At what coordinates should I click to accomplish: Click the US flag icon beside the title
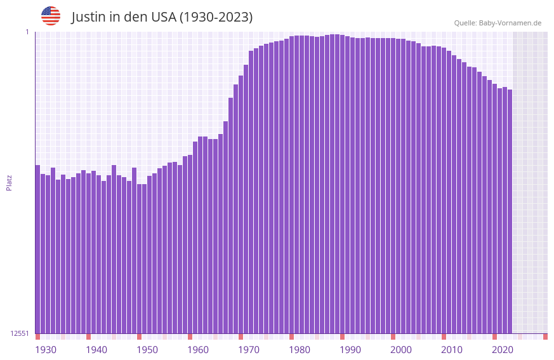51,16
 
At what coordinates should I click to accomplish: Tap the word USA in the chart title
163,17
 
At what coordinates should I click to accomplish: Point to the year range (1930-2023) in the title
216,17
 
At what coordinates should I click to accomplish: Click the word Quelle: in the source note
465,23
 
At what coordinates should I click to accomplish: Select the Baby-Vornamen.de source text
510,23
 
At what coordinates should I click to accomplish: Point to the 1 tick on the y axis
27,32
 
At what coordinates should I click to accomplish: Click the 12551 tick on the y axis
20,333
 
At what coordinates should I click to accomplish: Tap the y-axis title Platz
9,182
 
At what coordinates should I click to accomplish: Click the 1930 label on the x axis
46,350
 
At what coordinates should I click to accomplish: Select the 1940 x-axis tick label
96,350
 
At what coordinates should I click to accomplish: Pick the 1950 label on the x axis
147,350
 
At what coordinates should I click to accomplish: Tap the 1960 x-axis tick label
198,350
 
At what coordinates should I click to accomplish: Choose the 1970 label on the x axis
249,350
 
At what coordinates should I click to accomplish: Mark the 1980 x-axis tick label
300,350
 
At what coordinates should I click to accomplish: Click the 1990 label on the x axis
350,350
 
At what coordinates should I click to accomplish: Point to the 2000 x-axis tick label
401,350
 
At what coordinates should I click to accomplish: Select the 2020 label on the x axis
503,350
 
